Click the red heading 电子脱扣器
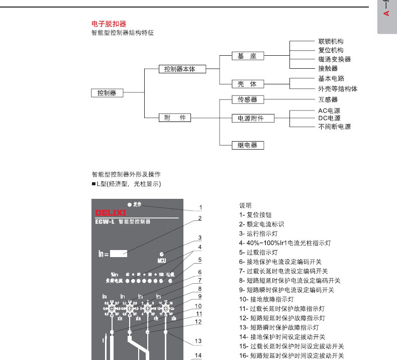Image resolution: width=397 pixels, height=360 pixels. click(x=109, y=24)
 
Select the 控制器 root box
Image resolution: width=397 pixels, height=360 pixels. click(x=107, y=93)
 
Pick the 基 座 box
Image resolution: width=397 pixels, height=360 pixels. click(x=247, y=56)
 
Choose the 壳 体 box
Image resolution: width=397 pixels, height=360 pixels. click(x=247, y=84)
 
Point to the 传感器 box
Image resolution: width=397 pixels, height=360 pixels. click(x=247, y=99)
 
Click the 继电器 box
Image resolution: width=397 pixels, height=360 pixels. click(x=247, y=145)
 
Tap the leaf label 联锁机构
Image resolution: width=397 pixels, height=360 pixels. click(x=331, y=42)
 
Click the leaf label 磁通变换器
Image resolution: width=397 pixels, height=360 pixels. click(x=334, y=59)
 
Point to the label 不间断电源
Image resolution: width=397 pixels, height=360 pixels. click(x=334, y=127)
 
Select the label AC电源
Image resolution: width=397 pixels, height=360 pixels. click(x=329, y=110)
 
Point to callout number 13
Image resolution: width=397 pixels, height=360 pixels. click(x=198, y=341)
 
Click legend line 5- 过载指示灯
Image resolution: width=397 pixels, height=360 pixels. click(x=258, y=253)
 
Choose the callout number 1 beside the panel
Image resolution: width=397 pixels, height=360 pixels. click(x=200, y=207)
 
